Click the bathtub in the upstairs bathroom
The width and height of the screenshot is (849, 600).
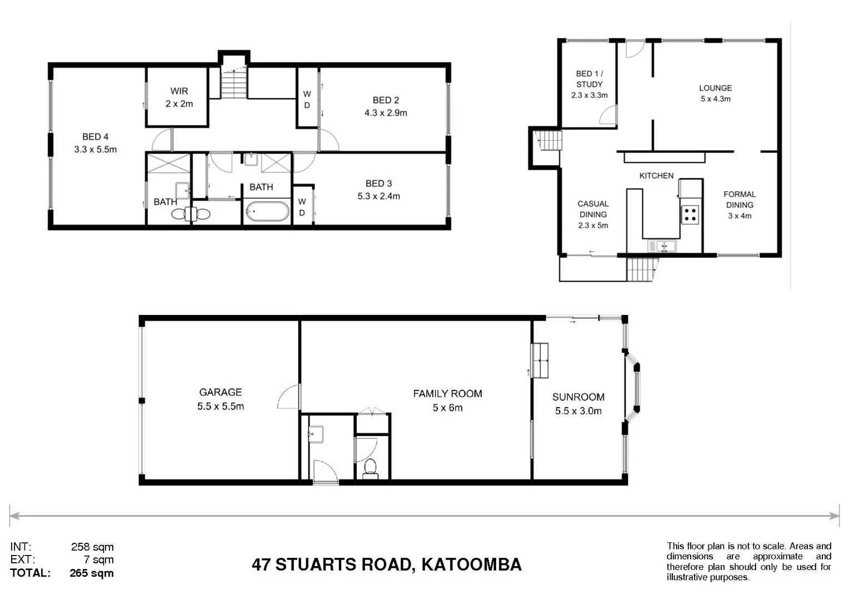tap(267, 212)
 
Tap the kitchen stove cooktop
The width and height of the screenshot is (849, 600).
tap(690, 214)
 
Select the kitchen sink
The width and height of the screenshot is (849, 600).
tap(662, 246)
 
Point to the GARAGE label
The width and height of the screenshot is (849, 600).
tap(221, 392)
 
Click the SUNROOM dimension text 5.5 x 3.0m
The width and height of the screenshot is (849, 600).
tap(578, 411)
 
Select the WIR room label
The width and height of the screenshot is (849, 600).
tap(179, 91)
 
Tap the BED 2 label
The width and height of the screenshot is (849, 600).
tap(386, 100)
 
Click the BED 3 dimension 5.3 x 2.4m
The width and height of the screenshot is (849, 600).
tap(378, 196)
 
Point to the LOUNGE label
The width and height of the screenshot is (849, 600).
tap(715, 88)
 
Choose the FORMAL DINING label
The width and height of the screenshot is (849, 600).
tap(740, 199)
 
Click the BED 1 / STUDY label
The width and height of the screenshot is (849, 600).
tap(589, 79)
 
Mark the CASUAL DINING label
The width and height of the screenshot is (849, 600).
tap(593, 209)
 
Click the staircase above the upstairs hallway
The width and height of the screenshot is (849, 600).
tap(234, 83)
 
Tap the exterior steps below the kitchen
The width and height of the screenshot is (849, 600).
tap(642, 269)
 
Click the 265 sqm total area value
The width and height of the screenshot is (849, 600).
tap(92, 573)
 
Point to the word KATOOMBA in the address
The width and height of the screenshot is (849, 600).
tap(471, 564)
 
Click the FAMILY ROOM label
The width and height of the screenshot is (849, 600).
tap(447, 394)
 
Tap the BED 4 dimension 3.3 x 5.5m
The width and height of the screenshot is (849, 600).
tap(96, 149)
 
